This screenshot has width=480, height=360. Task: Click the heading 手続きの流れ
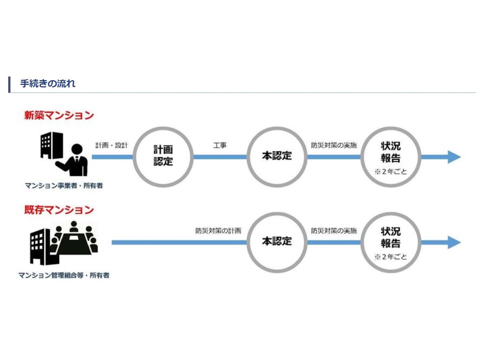tap(47, 83)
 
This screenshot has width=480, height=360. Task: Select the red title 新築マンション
tap(59, 115)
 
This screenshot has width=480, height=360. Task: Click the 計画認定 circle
tap(163, 156)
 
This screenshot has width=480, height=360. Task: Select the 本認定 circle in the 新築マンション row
tap(276, 156)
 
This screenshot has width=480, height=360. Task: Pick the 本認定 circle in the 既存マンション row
tap(276, 241)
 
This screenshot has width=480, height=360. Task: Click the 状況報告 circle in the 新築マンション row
tap(390, 156)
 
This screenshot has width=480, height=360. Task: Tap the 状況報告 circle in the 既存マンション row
tap(390, 241)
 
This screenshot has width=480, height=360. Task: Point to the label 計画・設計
tap(112, 145)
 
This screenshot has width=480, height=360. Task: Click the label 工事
tap(219, 145)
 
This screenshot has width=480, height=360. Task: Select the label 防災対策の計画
tap(218, 231)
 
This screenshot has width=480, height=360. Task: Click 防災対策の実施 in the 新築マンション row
tap(334, 145)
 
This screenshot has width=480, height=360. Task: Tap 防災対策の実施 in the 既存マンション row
tap(334, 231)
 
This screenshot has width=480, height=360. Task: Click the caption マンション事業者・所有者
tap(67, 186)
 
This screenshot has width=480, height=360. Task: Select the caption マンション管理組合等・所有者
tap(64, 275)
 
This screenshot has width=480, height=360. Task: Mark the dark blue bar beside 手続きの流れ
tap(9, 84)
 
